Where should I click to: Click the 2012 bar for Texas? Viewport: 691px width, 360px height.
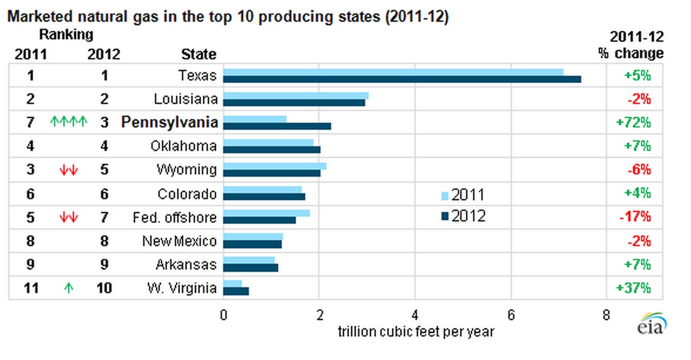click(x=402, y=79)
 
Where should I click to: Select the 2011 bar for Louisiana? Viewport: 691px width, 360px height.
click(x=296, y=96)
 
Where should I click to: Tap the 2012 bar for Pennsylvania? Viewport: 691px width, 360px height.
click(x=277, y=126)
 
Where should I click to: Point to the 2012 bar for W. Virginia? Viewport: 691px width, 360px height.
click(x=236, y=291)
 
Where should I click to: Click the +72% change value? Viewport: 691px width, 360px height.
click(x=634, y=123)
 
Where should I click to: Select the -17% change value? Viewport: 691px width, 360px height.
click(x=635, y=217)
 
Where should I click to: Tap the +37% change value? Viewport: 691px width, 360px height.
click(x=634, y=288)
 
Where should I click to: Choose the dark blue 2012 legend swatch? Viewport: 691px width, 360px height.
click(x=445, y=216)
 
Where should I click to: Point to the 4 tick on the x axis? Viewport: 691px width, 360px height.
click(x=415, y=314)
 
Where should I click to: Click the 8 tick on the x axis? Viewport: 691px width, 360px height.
click(x=606, y=314)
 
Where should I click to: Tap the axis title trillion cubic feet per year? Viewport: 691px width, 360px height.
click(x=416, y=332)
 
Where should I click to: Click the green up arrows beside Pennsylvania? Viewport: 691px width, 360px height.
click(x=69, y=122)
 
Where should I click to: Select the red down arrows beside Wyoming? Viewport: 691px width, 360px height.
click(x=69, y=170)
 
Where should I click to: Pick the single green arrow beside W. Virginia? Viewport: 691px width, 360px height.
click(x=69, y=288)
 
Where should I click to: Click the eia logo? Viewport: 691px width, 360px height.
click(x=652, y=324)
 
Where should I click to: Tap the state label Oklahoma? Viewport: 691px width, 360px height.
click(x=183, y=146)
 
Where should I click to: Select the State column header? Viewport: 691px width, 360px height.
click(x=198, y=55)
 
